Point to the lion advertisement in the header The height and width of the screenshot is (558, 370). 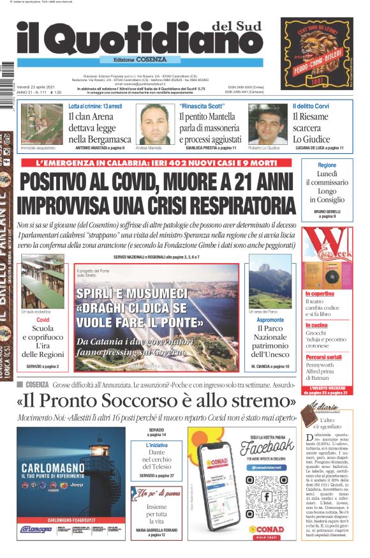pos(316,54)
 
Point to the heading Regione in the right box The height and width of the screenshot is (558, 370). pos(327,165)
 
